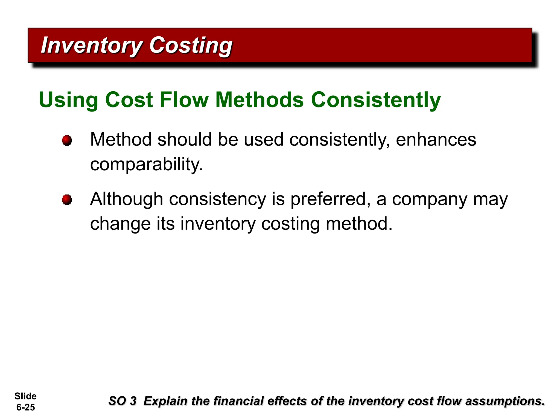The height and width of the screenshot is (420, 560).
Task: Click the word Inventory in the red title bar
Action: pyautogui.click(x=91, y=45)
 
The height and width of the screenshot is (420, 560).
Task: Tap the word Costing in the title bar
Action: pyautogui.click(x=191, y=45)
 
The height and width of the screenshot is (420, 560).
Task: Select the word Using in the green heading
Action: pyautogui.click(x=69, y=100)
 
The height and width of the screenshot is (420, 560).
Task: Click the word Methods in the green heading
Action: pyautogui.click(x=259, y=100)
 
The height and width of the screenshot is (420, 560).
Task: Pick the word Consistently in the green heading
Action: pyautogui.click(x=376, y=100)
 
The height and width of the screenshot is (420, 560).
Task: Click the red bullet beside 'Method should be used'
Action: pyautogui.click(x=67, y=141)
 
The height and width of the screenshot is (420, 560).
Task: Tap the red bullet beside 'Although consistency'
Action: pyautogui.click(x=67, y=200)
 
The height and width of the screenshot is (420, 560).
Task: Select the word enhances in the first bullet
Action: pyautogui.click(x=436, y=139)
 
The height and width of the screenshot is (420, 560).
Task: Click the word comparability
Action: pyautogui.click(x=147, y=165)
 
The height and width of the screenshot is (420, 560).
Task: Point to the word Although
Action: pyautogui.click(x=127, y=199)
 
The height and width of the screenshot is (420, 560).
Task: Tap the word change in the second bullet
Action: pyautogui.click(x=120, y=224)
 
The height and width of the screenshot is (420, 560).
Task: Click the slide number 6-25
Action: pyautogui.click(x=26, y=407)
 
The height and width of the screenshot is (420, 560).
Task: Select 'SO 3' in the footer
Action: pyautogui.click(x=122, y=401)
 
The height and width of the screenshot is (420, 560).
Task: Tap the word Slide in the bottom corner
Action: pyautogui.click(x=25, y=396)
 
